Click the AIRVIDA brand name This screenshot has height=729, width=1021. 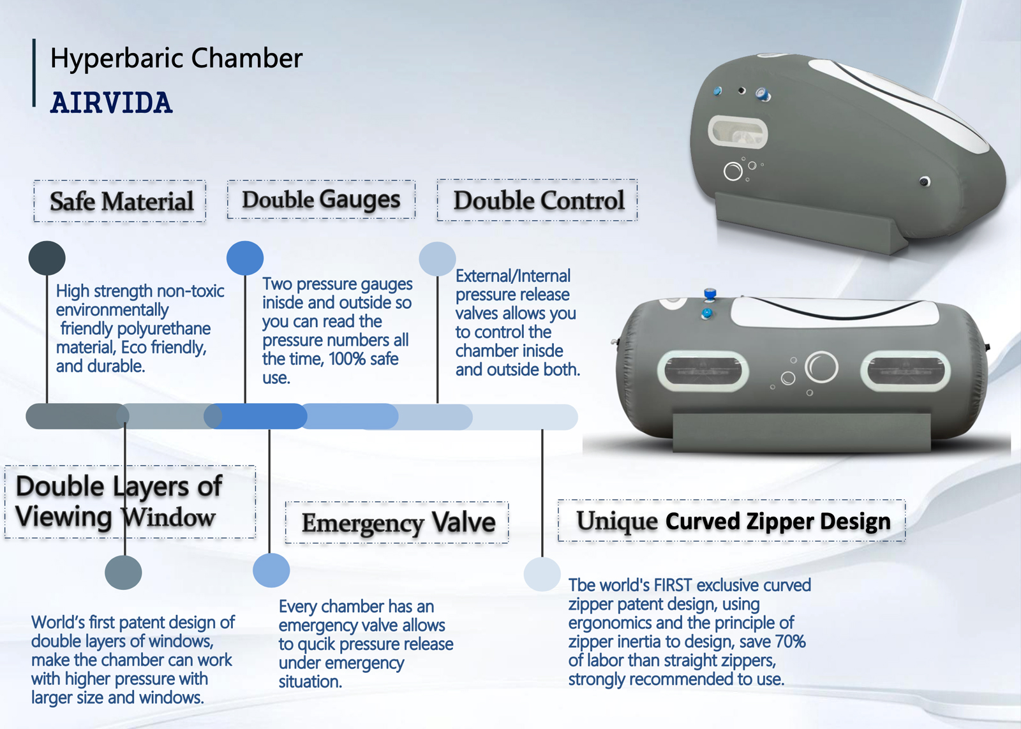[x=111, y=103]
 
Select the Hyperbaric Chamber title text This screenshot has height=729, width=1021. [x=176, y=58]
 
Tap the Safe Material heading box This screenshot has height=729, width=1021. [x=120, y=201]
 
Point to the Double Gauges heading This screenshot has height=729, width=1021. [x=322, y=200]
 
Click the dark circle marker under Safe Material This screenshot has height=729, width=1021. [x=47, y=258]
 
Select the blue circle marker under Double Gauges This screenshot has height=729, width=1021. [x=245, y=258]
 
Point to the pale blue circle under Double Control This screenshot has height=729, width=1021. [x=438, y=259]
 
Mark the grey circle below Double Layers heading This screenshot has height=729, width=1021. [x=124, y=573]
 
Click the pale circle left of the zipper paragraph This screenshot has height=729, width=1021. [x=542, y=574]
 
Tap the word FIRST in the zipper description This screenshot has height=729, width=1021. [x=673, y=585]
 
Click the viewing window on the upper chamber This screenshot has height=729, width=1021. [x=738, y=132]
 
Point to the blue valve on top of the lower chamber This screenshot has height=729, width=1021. [x=710, y=294]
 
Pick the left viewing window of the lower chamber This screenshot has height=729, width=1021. [x=703, y=371]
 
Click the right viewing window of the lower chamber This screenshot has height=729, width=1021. [x=905, y=371]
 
